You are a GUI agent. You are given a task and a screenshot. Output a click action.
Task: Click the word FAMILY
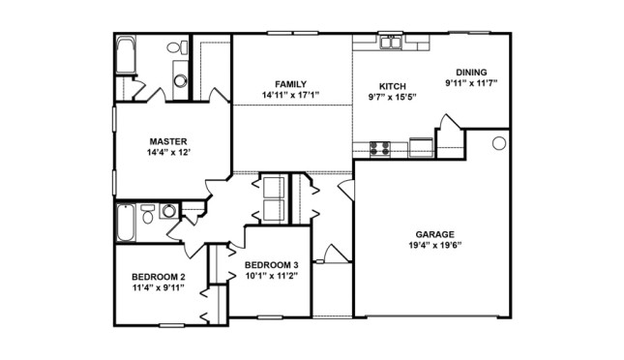click(x=290, y=84)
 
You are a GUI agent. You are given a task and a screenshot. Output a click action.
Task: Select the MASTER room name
click(x=167, y=141)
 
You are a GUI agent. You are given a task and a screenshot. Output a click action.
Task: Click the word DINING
click(x=471, y=71)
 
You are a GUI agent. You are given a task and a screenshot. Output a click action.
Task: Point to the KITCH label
click(x=392, y=85)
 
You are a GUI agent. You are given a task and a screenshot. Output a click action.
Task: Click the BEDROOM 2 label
click(x=159, y=277)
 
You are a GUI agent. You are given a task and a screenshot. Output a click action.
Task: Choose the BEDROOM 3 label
click(x=271, y=265)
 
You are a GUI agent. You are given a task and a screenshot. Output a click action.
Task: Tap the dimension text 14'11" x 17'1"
click(x=290, y=95)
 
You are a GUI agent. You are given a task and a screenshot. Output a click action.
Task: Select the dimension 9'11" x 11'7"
click(x=471, y=83)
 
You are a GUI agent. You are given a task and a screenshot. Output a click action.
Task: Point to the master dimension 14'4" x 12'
click(x=167, y=153)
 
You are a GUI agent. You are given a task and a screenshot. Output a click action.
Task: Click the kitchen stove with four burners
click(x=380, y=148)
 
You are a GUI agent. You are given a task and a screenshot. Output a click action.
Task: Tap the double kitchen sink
click(x=391, y=42)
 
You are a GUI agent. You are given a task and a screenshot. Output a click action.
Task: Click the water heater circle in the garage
click(x=499, y=143)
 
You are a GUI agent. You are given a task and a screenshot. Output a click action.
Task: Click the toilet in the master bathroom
click(x=175, y=47)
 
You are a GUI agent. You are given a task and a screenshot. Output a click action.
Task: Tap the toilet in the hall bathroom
click(x=148, y=215)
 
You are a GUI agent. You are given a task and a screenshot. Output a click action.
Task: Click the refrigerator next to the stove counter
click(x=422, y=147)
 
